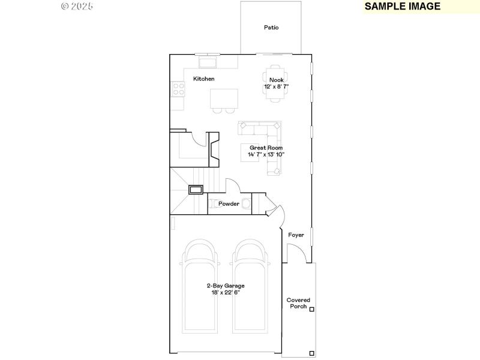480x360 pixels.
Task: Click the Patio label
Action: pyautogui.click(x=271, y=28)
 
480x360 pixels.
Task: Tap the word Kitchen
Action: pyautogui.click(x=203, y=79)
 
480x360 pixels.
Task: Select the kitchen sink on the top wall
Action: pyautogui.click(x=208, y=62)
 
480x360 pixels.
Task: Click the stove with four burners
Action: pyautogui.click(x=178, y=89)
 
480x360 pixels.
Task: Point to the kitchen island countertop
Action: pyautogui.click(x=224, y=98)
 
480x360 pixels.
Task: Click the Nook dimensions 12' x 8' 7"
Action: pyautogui.click(x=276, y=86)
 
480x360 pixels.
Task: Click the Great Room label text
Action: pyautogui.click(x=266, y=148)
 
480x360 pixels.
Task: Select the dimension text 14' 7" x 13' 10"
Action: pyautogui.click(x=266, y=154)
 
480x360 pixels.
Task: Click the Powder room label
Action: pyautogui.click(x=229, y=204)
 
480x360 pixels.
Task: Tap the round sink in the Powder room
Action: pyautogui.click(x=246, y=203)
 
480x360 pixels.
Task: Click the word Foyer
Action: pyautogui.click(x=296, y=235)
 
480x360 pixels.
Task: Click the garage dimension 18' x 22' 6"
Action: pyautogui.click(x=226, y=292)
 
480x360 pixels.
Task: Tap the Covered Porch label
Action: pyautogui.click(x=298, y=303)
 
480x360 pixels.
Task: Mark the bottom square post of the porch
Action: pyautogui.click(x=311, y=353)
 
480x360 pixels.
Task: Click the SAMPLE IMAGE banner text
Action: pyautogui.click(x=402, y=7)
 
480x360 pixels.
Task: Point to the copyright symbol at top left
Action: pyautogui.click(x=65, y=6)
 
